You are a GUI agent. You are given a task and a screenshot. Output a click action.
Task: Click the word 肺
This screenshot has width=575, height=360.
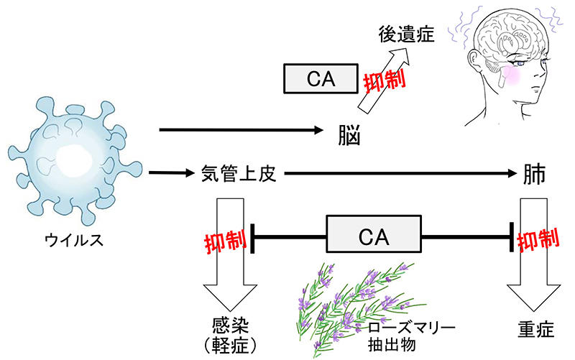[534, 175]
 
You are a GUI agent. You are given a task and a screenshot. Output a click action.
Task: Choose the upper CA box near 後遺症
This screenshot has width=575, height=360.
[321, 78]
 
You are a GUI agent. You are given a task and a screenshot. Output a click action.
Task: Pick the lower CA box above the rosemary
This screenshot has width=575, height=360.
[375, 234]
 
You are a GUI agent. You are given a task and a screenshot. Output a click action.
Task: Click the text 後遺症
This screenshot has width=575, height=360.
[406, 34]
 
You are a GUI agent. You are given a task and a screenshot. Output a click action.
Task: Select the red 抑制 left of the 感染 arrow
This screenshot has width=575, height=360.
[225, 240]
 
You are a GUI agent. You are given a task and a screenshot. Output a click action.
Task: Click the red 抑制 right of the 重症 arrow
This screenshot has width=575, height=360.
[538, 240]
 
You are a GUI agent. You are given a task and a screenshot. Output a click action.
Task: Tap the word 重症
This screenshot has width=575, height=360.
[536, 328]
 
